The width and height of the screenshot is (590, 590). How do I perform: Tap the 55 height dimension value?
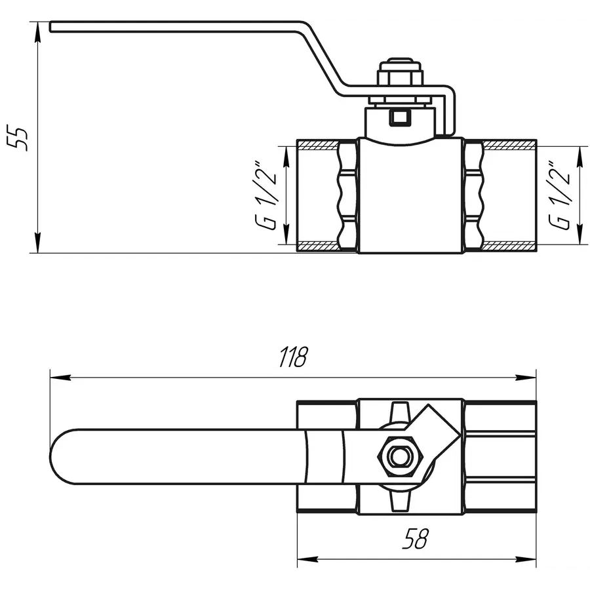(x=22, y=137)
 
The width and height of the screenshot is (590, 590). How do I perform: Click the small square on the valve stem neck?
(x=399, y=119)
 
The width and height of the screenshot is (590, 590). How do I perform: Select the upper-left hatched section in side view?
(x=319, y=144)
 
